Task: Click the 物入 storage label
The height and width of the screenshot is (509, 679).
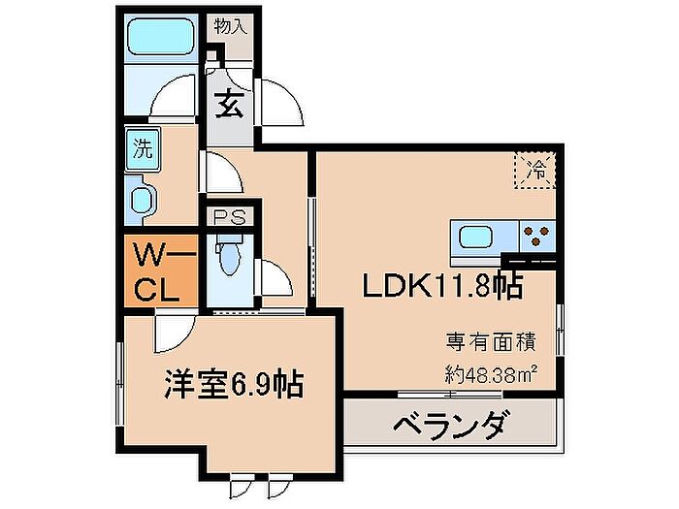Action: [x=232, y=26]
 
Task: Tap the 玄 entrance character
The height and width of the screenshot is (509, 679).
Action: [x=229, y=103]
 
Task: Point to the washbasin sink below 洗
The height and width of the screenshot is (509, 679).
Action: [x=143, y=202]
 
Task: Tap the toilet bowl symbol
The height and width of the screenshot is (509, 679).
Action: [x=229, y=260]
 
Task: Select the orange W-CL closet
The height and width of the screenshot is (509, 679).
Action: [x=161, y=272]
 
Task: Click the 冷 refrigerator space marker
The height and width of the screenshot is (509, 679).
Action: [x=535, y=169]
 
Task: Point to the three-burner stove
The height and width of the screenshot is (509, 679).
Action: [x=537, y=234]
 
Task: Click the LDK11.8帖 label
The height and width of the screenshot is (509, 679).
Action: [x=443, y=286]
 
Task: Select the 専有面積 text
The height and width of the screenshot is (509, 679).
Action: [x=491, y=341]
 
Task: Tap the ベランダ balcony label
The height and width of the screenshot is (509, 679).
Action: [x=449, y=426]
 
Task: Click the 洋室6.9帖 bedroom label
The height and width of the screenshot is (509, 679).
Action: [x=232, y=384]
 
